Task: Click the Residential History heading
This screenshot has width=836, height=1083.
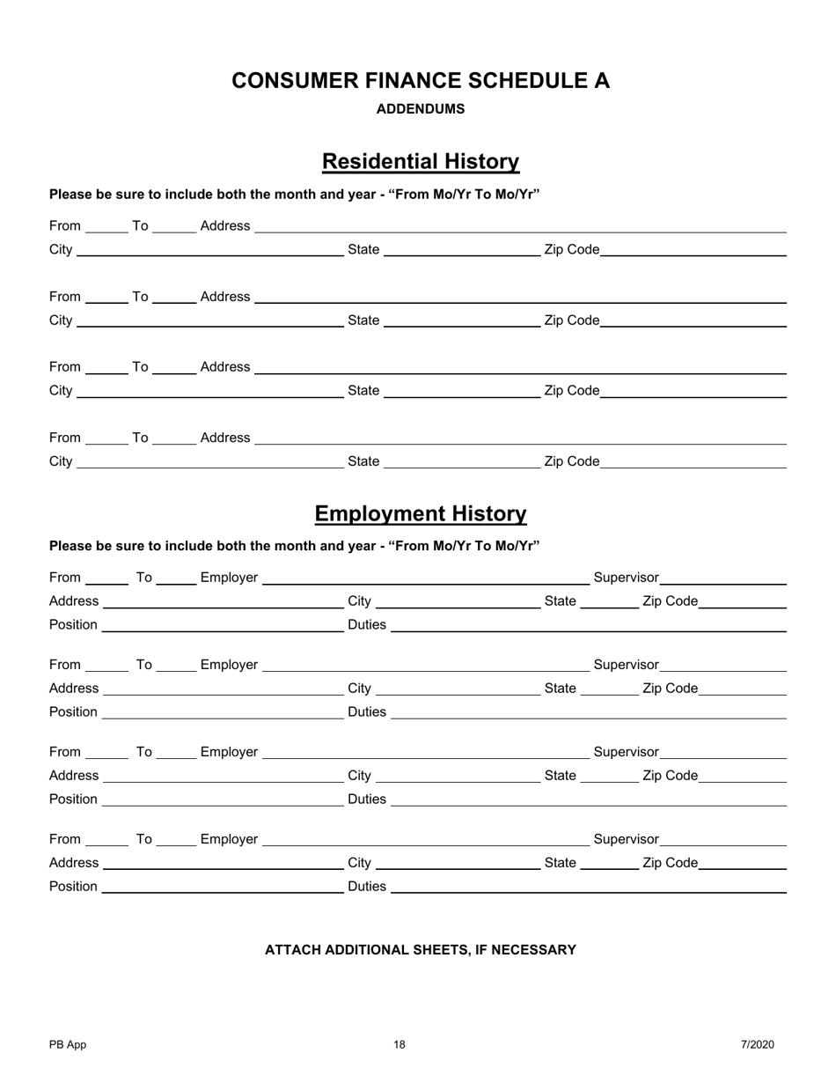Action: pos(421,162)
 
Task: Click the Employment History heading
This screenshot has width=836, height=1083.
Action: pos(421,514)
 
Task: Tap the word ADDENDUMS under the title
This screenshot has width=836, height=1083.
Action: pos(421,109)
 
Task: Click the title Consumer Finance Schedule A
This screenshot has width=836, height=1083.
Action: pos(421,81)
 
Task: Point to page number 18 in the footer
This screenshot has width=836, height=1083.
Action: pos(400,1045)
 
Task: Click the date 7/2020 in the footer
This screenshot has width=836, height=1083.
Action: pos(757,1045)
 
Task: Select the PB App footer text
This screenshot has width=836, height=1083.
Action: pos(68,1045)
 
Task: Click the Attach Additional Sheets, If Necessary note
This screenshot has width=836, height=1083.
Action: pos(421,950)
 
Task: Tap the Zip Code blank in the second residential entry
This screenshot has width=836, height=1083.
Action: pos(693,320)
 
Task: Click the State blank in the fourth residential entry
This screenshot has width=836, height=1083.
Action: pos(462,461)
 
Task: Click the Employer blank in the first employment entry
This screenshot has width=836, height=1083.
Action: pos(426,578)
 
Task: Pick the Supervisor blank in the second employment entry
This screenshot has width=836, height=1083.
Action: pos(722,665)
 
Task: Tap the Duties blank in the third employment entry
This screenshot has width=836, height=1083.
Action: pos(588,799)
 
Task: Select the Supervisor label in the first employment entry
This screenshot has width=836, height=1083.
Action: pos(626,578)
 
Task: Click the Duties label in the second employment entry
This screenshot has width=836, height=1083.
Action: pos(367,711)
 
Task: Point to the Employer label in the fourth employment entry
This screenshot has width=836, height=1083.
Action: pos(229,840)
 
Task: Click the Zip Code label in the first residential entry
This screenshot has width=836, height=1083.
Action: pos(572,250)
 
